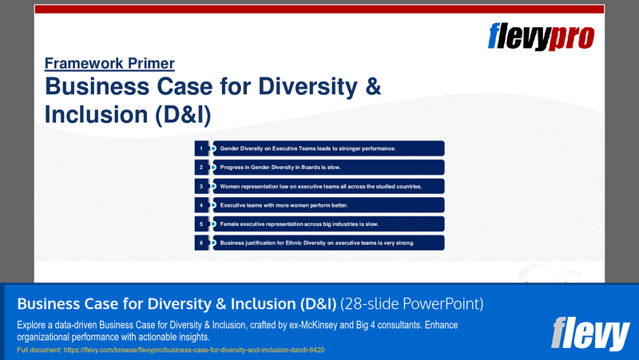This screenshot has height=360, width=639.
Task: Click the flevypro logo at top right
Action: (542, 37)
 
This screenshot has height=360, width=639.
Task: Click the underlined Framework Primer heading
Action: (109, 64)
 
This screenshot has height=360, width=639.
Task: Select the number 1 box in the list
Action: (201, 148)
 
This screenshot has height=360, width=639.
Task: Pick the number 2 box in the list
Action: (201, 168)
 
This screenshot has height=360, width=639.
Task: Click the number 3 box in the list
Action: (201, 186)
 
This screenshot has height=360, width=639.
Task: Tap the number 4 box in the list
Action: (201, 205)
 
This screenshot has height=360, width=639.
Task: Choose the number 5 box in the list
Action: (201, 224)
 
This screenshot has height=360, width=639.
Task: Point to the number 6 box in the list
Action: (201, 243)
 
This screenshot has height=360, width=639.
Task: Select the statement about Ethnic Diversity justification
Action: (316, 243)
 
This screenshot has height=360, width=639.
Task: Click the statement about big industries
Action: (299, 224)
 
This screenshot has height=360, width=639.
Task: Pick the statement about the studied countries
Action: (320, 186)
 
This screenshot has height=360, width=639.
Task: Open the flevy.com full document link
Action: (170, 350)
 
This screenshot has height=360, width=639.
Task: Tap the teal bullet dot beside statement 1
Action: (213, 148)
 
